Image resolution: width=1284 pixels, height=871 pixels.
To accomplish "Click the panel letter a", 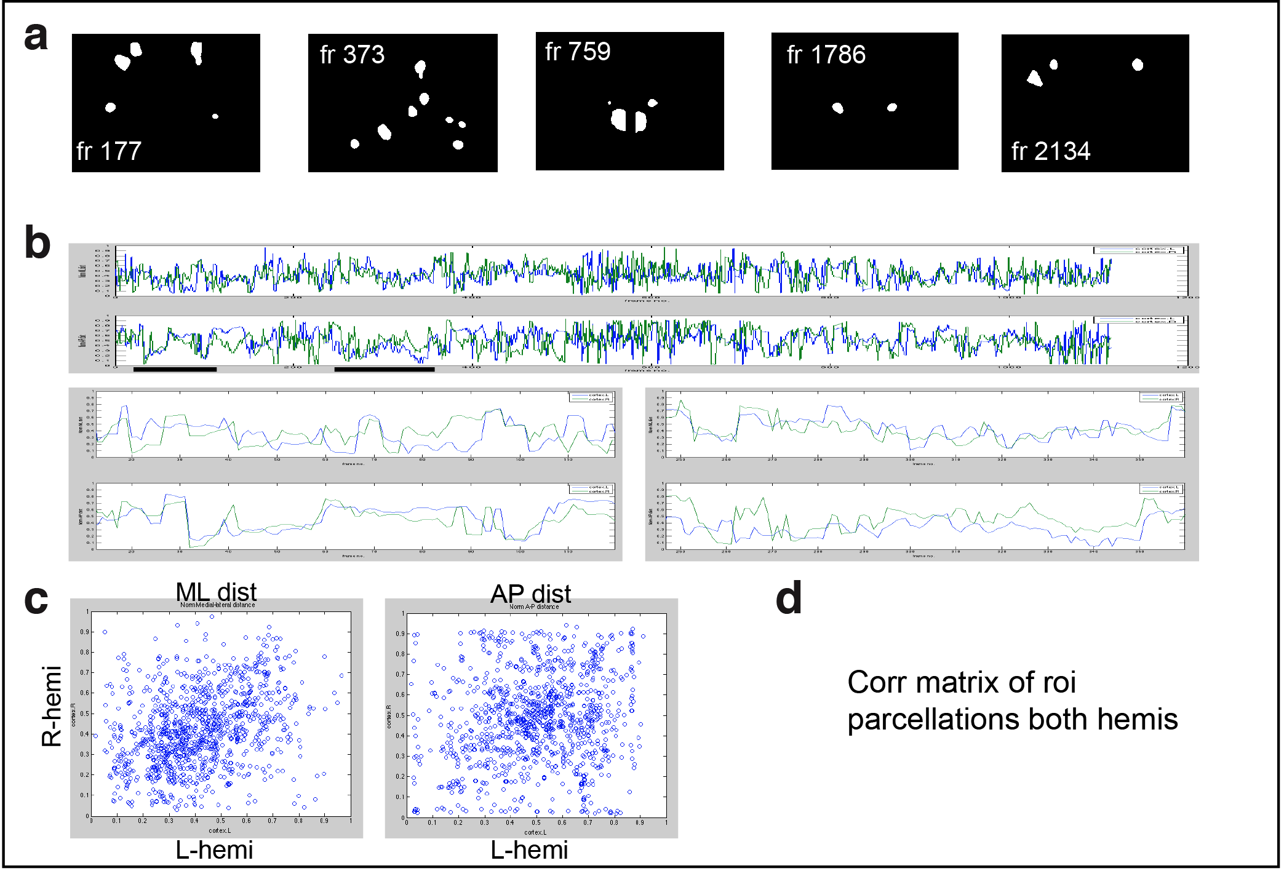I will click(36, 36).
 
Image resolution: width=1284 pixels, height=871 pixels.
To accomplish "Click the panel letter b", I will click(37, 243).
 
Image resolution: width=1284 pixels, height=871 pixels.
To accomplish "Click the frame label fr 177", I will click(109, 151).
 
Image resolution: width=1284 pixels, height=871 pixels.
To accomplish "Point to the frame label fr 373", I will click(352, 55).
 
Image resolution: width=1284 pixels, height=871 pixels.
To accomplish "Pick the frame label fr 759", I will click(578, 52).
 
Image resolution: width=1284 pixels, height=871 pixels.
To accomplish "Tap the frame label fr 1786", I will click(826, 55).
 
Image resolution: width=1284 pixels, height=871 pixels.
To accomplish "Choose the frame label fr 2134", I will click(1051, 151).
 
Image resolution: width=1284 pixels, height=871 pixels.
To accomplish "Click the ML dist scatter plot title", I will click(216, 592).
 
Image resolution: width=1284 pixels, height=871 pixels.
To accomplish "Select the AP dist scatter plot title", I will click(530, 594).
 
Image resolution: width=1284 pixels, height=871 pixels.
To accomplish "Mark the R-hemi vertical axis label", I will click(52, 706).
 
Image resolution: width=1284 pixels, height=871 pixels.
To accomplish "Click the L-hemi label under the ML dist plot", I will click(214, 850).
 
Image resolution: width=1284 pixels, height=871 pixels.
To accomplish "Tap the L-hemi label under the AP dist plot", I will click(529, 850).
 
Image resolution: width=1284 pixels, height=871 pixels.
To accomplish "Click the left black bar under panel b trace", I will click(175, 370).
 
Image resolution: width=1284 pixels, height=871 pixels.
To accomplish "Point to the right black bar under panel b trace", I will click(385, 370).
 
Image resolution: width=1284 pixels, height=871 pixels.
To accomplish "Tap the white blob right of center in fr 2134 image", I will click(1138, 65).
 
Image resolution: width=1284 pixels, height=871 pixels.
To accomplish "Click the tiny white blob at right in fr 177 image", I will click(215, 116).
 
